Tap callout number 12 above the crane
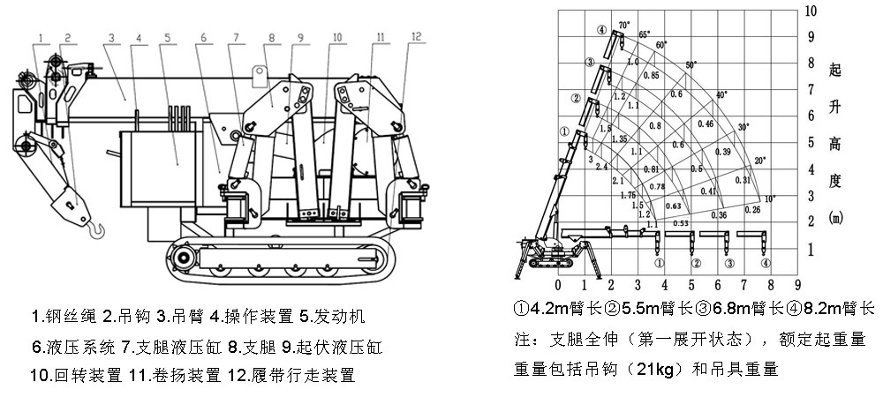tap(415, 37)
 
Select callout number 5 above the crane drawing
tap(166, 37)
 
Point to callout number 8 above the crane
tap(272, 37)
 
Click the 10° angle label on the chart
tap(769, 198)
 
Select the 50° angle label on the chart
tap(691, 65)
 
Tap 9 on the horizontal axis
tap(797, 285)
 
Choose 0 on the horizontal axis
tap(558, 285)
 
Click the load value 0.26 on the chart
tap(752, 210)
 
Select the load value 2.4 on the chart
tap(602, 167)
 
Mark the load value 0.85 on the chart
tap(651, 76)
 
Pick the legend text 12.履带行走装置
tap(295, 375)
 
